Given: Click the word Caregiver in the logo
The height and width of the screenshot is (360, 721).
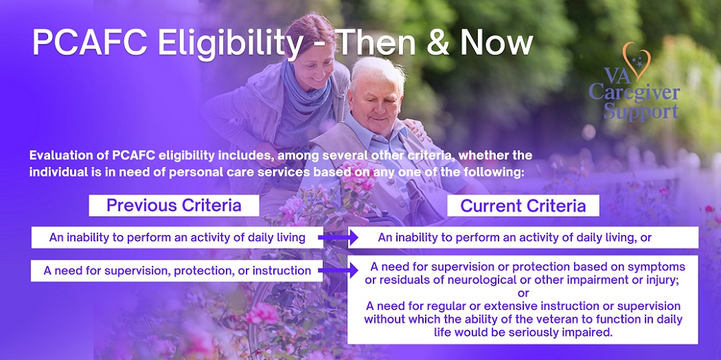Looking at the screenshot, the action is (x=634, y=93).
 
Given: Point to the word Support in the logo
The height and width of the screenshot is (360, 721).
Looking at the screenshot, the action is (x=641, y=112).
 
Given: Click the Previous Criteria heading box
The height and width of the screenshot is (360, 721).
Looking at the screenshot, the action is (x=174, y=205).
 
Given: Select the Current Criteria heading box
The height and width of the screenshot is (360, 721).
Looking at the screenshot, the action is (x=523, y=205).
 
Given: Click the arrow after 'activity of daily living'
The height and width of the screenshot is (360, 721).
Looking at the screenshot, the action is (x=338, y=238).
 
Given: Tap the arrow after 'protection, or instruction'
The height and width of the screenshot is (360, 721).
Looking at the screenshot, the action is (x=338, y=271).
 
